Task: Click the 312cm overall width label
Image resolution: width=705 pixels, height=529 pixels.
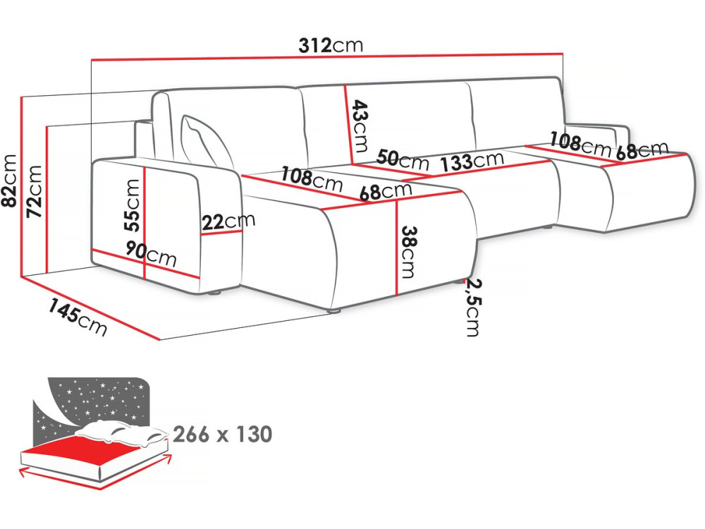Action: (331, 45)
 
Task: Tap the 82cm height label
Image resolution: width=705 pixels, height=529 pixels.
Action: (9, 181)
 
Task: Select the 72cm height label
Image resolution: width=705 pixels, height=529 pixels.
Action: (35, 191)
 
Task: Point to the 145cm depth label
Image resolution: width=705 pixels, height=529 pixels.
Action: (78, 317)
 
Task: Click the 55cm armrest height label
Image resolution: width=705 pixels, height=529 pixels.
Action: (133, 205)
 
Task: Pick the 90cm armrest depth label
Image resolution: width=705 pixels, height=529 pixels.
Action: (151, 255)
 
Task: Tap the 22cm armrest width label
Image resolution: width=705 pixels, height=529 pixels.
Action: (228, 221)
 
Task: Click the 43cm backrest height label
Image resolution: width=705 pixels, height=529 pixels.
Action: (360, 126)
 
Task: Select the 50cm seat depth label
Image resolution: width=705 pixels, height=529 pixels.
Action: (403, 159)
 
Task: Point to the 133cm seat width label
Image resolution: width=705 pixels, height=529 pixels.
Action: (472, 162)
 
